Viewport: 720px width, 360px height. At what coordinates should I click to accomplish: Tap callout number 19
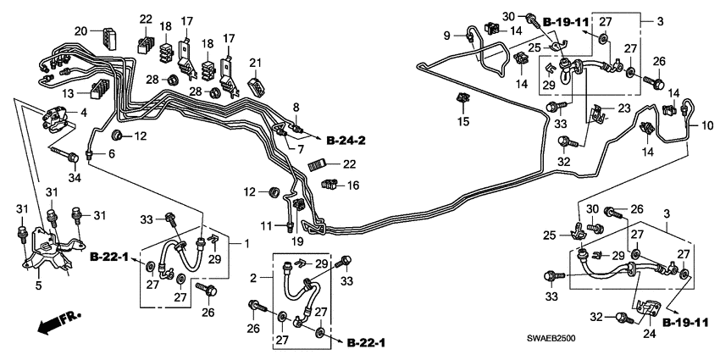pos(298,241)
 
